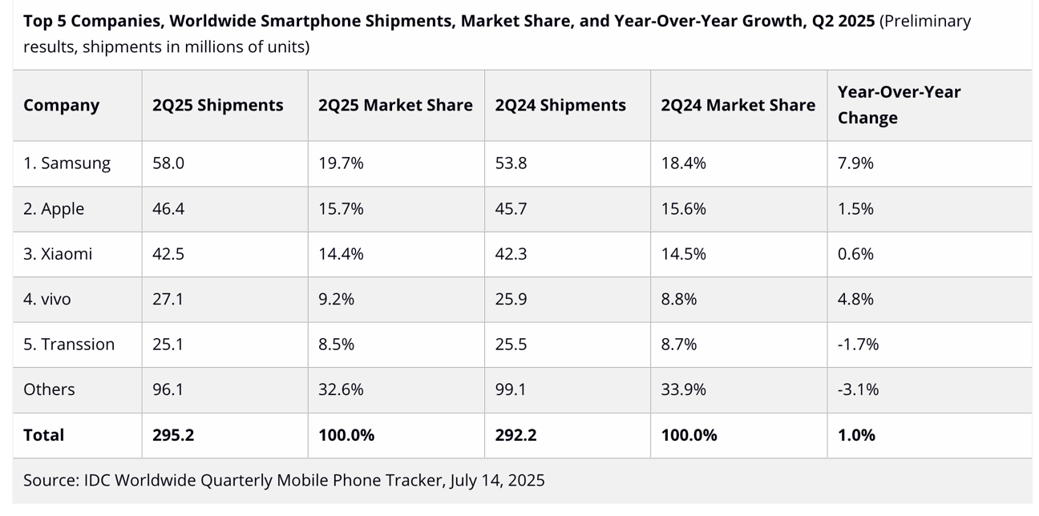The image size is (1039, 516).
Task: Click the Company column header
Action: pyautogui.click(x=61, y=106)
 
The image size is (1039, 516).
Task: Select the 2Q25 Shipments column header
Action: pyautogui.click(x=217, y=106)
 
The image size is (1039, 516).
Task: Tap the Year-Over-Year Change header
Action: pyautogui.click(x=898, y=105)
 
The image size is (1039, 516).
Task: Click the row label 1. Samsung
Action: pyautogui.click(x=67, y=163)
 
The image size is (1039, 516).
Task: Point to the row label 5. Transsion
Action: pyautogui.click(x=68, y=345)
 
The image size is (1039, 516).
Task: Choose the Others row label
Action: pyautogui.click(x=49, y=389)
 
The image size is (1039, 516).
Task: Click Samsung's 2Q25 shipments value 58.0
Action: pyautogui.click(x=168, y=163)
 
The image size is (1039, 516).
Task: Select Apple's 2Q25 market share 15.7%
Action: pyautogui.click(x=341, y=209)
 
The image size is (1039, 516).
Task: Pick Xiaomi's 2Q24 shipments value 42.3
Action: pyautogui.click(x=511, y=254)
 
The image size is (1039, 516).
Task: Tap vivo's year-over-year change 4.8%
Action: pyautogui.click(x=855, y=300)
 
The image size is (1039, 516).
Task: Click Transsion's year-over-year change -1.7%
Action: pyautogui.click(x=858, y=345)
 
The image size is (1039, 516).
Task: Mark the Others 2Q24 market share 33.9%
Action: pyautogui.click(x=683, y=389)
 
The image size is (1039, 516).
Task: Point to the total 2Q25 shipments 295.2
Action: pyautogui.click(x=173, y=435)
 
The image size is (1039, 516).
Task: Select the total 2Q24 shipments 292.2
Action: pyautogui.click(x=515, y=435)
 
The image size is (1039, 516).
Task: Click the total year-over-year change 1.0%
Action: pyautogui.click(x=856, y=435)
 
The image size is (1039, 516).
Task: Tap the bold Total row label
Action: pyautogui.click(x=43, y=435)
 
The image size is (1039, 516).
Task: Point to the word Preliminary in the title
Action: pyautogui.click(x=926, y=21)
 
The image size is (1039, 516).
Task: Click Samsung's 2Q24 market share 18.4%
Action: pyautogui.click(x=683, y=163)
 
